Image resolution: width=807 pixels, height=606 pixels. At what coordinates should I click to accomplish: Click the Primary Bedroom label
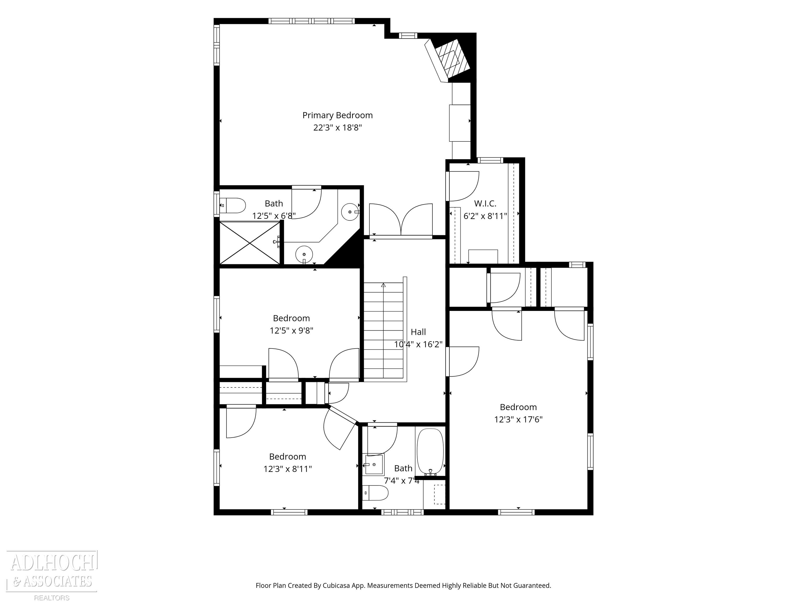tap(338, 115)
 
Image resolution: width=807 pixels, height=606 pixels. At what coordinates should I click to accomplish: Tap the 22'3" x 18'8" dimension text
tap(338, 128)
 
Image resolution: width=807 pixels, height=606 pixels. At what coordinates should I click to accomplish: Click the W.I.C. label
tap(485, 204)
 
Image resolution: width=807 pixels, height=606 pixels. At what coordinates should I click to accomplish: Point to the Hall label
tap(418, 332)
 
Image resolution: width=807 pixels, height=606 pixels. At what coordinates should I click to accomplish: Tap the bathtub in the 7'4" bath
tap(431, 452)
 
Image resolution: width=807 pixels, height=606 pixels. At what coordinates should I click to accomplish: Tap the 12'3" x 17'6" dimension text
tap(518, 419)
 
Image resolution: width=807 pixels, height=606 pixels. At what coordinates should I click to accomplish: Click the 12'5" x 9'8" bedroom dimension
tap(292, 331)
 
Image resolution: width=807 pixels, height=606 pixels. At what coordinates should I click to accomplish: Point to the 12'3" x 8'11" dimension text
tap(288, 469)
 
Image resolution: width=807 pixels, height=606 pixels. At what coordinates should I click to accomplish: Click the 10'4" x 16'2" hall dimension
tap(418, 344)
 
